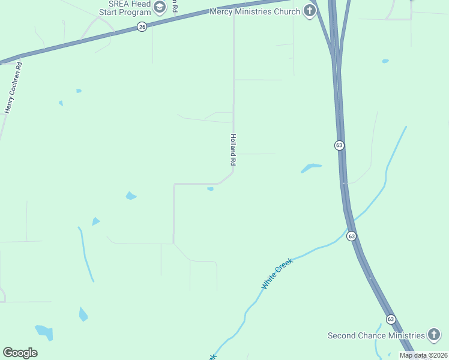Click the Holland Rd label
(234, 149)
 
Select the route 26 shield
(142, 27)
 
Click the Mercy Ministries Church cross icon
(310, 11)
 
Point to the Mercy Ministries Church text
(255, 11)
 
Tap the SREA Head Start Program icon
(160, 8)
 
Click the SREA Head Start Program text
(125, 8)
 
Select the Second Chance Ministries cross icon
(434, 335)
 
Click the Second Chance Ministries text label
(376, 335)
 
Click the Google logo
(20, 352)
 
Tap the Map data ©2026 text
(423, 355)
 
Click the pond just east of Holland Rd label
(311, 168)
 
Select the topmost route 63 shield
(339, 145)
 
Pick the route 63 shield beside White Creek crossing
(351, 236)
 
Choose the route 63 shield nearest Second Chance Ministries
(391, 319)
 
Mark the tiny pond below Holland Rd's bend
(210, 189)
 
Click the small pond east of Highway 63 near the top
(385, 61)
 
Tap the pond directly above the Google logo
(44, 331)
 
